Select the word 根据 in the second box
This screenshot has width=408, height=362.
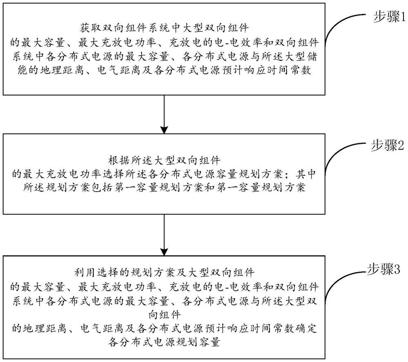[115, 159]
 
